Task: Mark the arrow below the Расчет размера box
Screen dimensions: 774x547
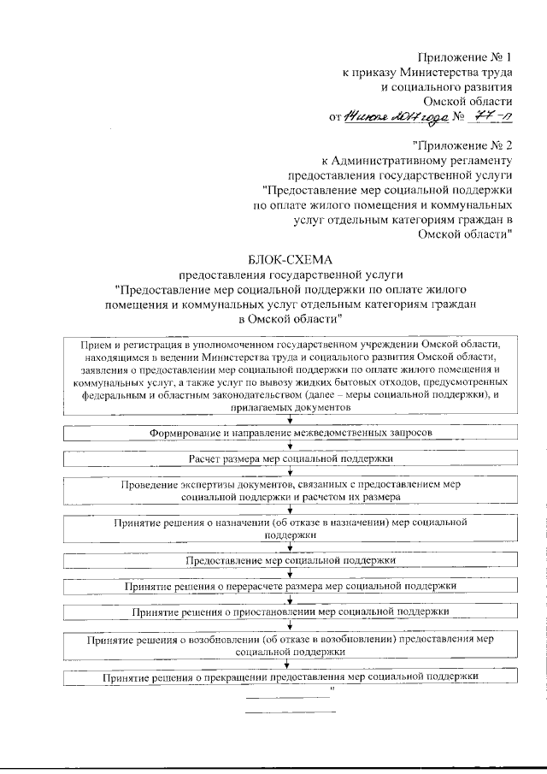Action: point(291,471)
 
